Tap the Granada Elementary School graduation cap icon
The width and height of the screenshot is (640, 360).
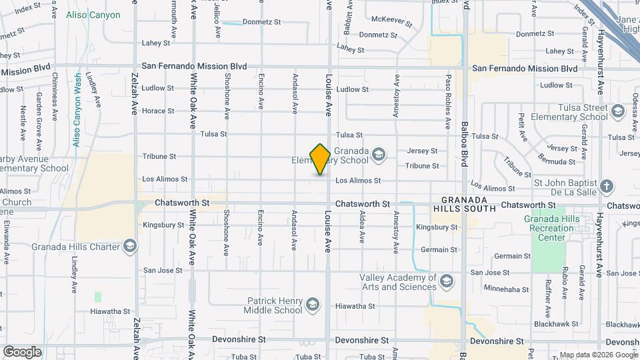click(x=379, y=155)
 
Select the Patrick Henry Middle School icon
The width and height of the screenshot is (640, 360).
click(x=311, y=305)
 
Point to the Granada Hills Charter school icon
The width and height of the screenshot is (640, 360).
click(x=130, y=247)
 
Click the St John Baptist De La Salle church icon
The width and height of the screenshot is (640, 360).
click(x=606, y=186)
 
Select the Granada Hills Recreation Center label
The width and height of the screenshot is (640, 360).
click(x=549, y=228)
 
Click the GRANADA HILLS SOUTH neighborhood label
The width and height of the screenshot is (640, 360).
click(x=469, y=204)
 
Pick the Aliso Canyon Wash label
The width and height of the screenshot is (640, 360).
click(x=77, y=110)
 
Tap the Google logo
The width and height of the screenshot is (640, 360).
click(x=22, y=351)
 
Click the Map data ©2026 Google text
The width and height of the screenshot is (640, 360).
click(x=597, y=355)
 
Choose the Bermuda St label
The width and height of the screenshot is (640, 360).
click(x=558, y=162)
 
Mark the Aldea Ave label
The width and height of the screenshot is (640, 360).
click(x=362, y=227)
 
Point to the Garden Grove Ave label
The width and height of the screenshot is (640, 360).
click(x=39, y=120)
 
